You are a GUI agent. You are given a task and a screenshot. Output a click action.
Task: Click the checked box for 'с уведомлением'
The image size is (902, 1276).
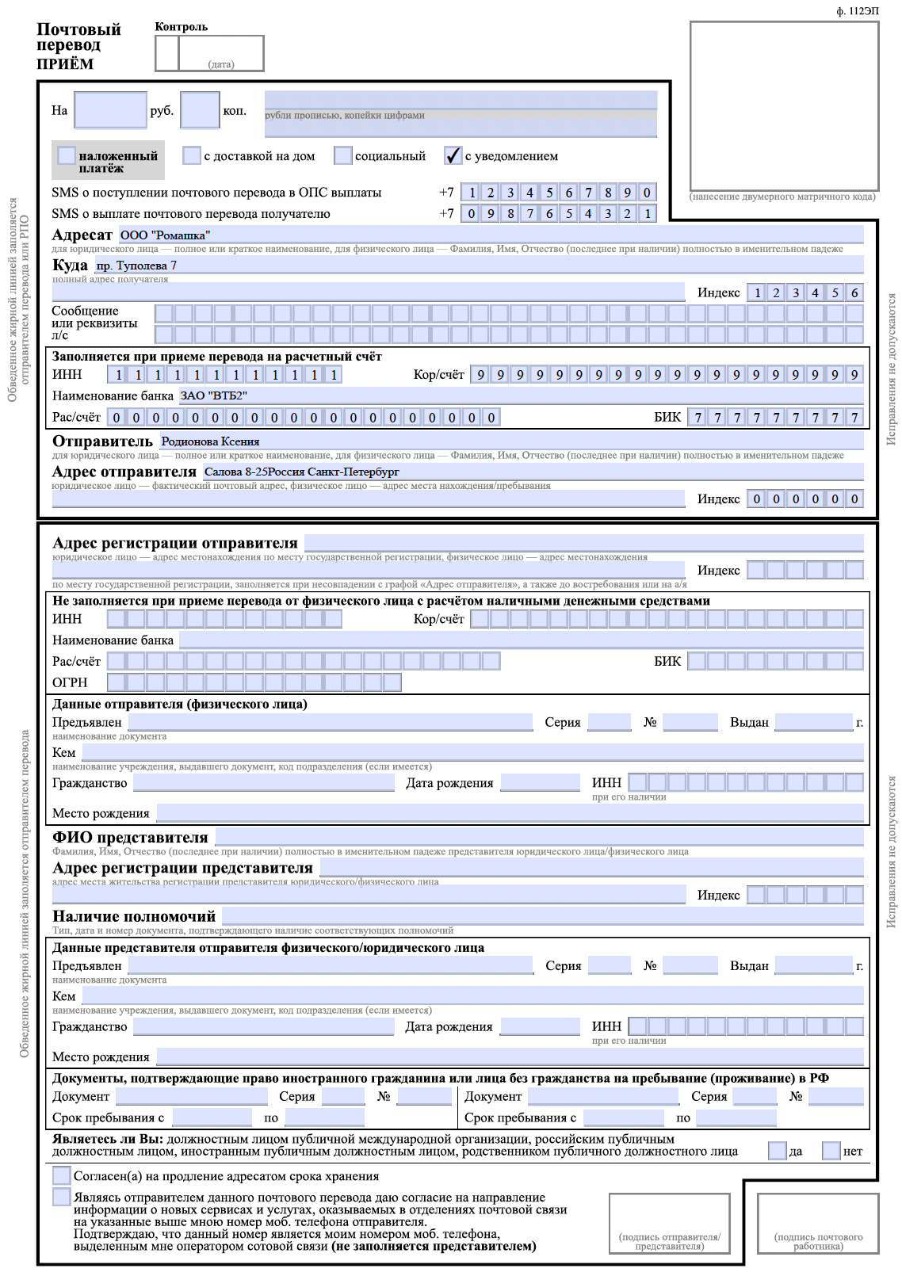point(453,155)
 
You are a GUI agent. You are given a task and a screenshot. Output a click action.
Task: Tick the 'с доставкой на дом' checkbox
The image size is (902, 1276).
point(192,155)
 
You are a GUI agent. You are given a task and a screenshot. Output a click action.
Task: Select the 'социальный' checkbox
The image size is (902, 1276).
point(342,155)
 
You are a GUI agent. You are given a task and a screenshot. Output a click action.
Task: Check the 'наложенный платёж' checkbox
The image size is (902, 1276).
point(67,155)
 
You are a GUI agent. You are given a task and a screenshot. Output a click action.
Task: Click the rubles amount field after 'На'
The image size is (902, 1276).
point(110,110)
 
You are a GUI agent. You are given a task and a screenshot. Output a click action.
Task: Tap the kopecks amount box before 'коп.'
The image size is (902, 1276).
point(200,110)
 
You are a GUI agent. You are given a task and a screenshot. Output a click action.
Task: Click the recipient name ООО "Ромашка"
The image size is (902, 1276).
point(165,235)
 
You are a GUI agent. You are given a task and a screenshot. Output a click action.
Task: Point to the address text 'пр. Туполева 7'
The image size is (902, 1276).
point(136,266)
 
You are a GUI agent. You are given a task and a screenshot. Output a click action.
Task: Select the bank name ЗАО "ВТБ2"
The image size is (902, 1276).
point(213,395)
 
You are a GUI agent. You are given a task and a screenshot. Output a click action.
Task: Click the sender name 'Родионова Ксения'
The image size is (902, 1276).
point(210,441)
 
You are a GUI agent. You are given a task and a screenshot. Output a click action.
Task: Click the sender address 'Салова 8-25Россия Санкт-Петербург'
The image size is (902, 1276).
point(302,472)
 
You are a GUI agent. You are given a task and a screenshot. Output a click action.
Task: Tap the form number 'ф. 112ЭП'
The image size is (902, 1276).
point(858,11)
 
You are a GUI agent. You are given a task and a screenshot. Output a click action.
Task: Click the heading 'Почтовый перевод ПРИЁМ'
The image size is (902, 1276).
point(78,46)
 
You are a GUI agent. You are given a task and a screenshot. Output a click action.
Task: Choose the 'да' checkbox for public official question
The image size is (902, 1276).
point(777,1151)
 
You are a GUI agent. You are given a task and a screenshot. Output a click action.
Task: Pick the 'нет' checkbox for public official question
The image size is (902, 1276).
point(831,1151)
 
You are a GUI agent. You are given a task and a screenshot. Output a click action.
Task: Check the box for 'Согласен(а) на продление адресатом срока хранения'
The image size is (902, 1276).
point(61,1175)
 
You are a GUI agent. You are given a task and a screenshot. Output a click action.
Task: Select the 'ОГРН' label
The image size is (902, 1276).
point(70,682)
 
